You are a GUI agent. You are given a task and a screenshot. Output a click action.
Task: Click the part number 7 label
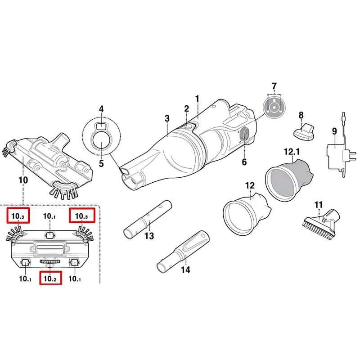(x=274, y=86)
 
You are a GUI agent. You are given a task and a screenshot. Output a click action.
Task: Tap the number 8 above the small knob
(x=301, y=116)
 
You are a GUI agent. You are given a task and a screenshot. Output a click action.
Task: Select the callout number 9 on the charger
(x=334, y=131)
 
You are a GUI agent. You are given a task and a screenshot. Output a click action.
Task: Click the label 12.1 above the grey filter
(x=292, y=152)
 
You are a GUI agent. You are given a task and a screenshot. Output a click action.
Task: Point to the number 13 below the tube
(x=149, y=236)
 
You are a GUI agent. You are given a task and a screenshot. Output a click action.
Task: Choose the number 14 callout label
(x=185, y=270)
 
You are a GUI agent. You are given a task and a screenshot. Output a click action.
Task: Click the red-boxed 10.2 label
(x=50, y=278)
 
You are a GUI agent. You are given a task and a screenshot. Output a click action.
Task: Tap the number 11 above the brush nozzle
(x=319, y=205)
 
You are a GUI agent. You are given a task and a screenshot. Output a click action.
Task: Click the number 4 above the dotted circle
(x=101, y=109)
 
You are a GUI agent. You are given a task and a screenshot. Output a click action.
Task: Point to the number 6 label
(x=244, y=162)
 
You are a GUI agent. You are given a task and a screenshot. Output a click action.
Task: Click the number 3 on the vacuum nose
(x=167, y=118)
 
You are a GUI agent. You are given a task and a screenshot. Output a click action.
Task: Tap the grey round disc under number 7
(x=274, y=107)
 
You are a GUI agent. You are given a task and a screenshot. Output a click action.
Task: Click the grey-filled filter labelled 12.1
(x=289, y=177)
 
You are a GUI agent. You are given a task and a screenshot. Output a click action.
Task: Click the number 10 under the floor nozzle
(x=23, y=180)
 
